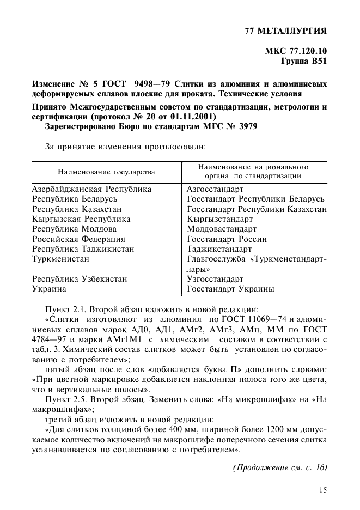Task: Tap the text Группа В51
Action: point(303,62)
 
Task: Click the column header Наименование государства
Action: point(106,172)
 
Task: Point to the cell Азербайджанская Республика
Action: point(91,190)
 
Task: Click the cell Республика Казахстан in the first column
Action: point(77,209)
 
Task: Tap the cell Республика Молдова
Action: point(74,229)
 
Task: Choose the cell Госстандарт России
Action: point(227,239)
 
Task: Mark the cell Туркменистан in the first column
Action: point(60,259)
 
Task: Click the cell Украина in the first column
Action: point(49,289)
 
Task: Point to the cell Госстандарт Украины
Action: point(230,289)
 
